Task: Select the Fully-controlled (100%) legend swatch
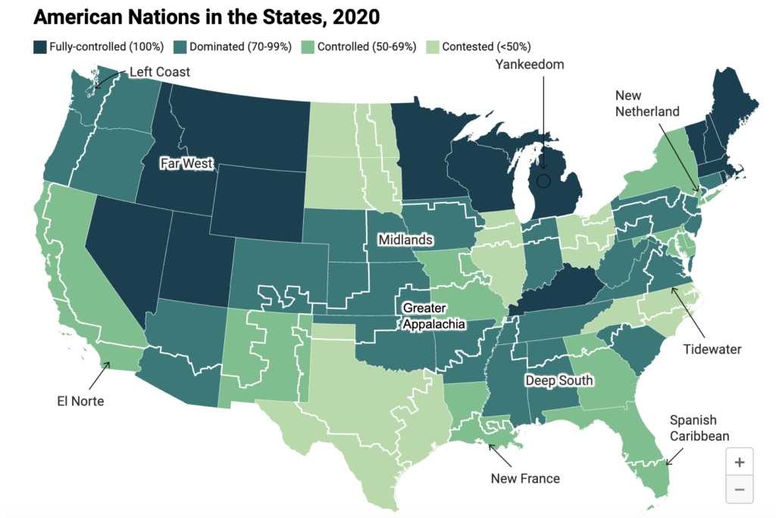point(40,46)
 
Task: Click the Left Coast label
point(159,72)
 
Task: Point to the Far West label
point(186,163)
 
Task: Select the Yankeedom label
point(530,64)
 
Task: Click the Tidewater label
point(712,349)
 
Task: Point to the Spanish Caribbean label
point(699,428)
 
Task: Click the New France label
point(525,478)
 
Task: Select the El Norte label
point(79,401)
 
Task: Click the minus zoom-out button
point(739,489)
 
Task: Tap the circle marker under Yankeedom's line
point(543,181)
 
